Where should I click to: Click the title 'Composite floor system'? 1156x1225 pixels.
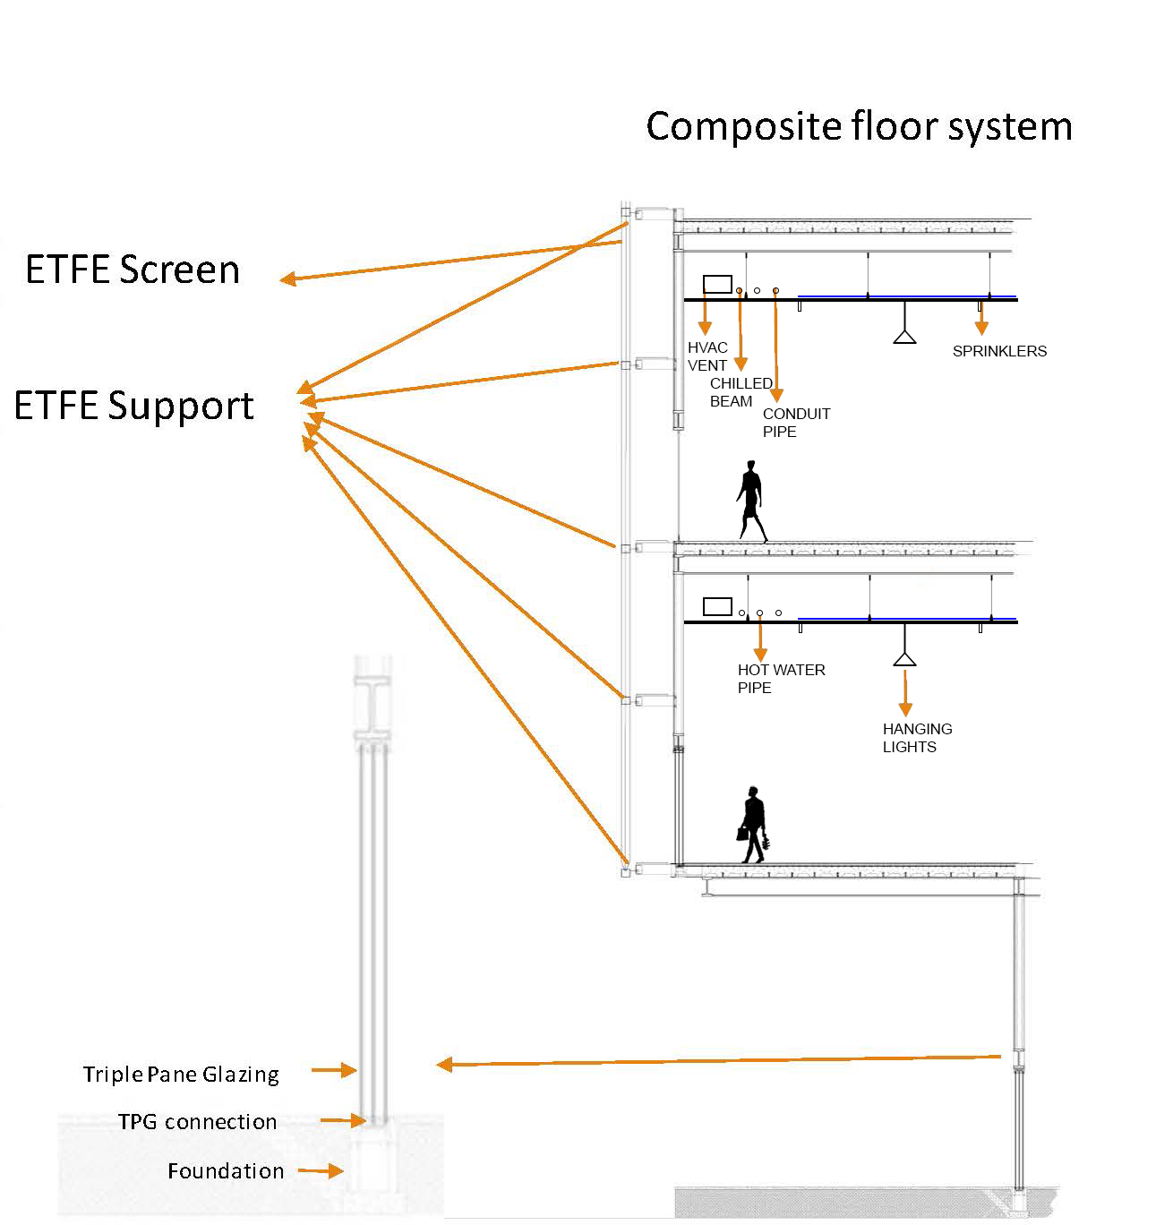859,126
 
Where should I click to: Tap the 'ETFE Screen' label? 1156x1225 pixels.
133,270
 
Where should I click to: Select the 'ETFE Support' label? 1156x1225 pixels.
134,406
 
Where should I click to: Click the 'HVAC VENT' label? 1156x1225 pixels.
707,356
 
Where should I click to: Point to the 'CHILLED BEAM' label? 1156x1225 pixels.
741,392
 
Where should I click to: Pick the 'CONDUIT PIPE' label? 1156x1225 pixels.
796,423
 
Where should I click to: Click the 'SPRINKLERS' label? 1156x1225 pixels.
999,351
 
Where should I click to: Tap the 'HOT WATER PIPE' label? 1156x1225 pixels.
781,679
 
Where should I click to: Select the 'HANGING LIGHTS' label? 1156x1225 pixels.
917,738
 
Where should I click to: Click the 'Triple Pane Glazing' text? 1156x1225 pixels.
181,1074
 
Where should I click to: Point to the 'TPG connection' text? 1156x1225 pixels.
197,1122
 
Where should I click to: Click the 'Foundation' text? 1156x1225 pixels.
226,1170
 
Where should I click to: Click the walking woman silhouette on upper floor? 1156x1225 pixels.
750,501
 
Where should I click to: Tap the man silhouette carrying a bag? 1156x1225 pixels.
753,825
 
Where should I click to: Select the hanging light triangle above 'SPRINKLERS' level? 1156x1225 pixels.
904,336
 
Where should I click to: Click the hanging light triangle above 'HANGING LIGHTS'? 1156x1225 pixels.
904,659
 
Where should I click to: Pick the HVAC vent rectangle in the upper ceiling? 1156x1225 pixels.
717,284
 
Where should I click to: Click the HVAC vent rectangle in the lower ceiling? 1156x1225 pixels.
717,606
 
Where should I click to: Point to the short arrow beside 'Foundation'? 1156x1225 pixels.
320,1170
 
